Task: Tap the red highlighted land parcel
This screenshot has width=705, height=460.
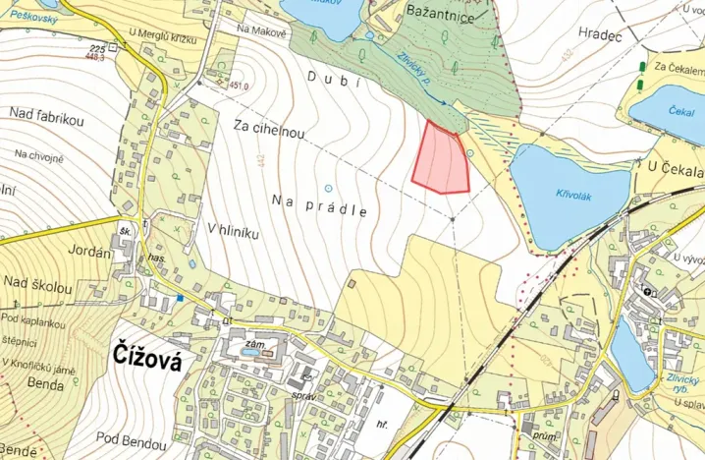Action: point(440,159)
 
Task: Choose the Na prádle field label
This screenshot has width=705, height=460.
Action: point(320,204)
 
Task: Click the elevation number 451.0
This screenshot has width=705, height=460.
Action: point(239,86)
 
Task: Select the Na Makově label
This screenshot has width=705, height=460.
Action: point(262,32)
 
